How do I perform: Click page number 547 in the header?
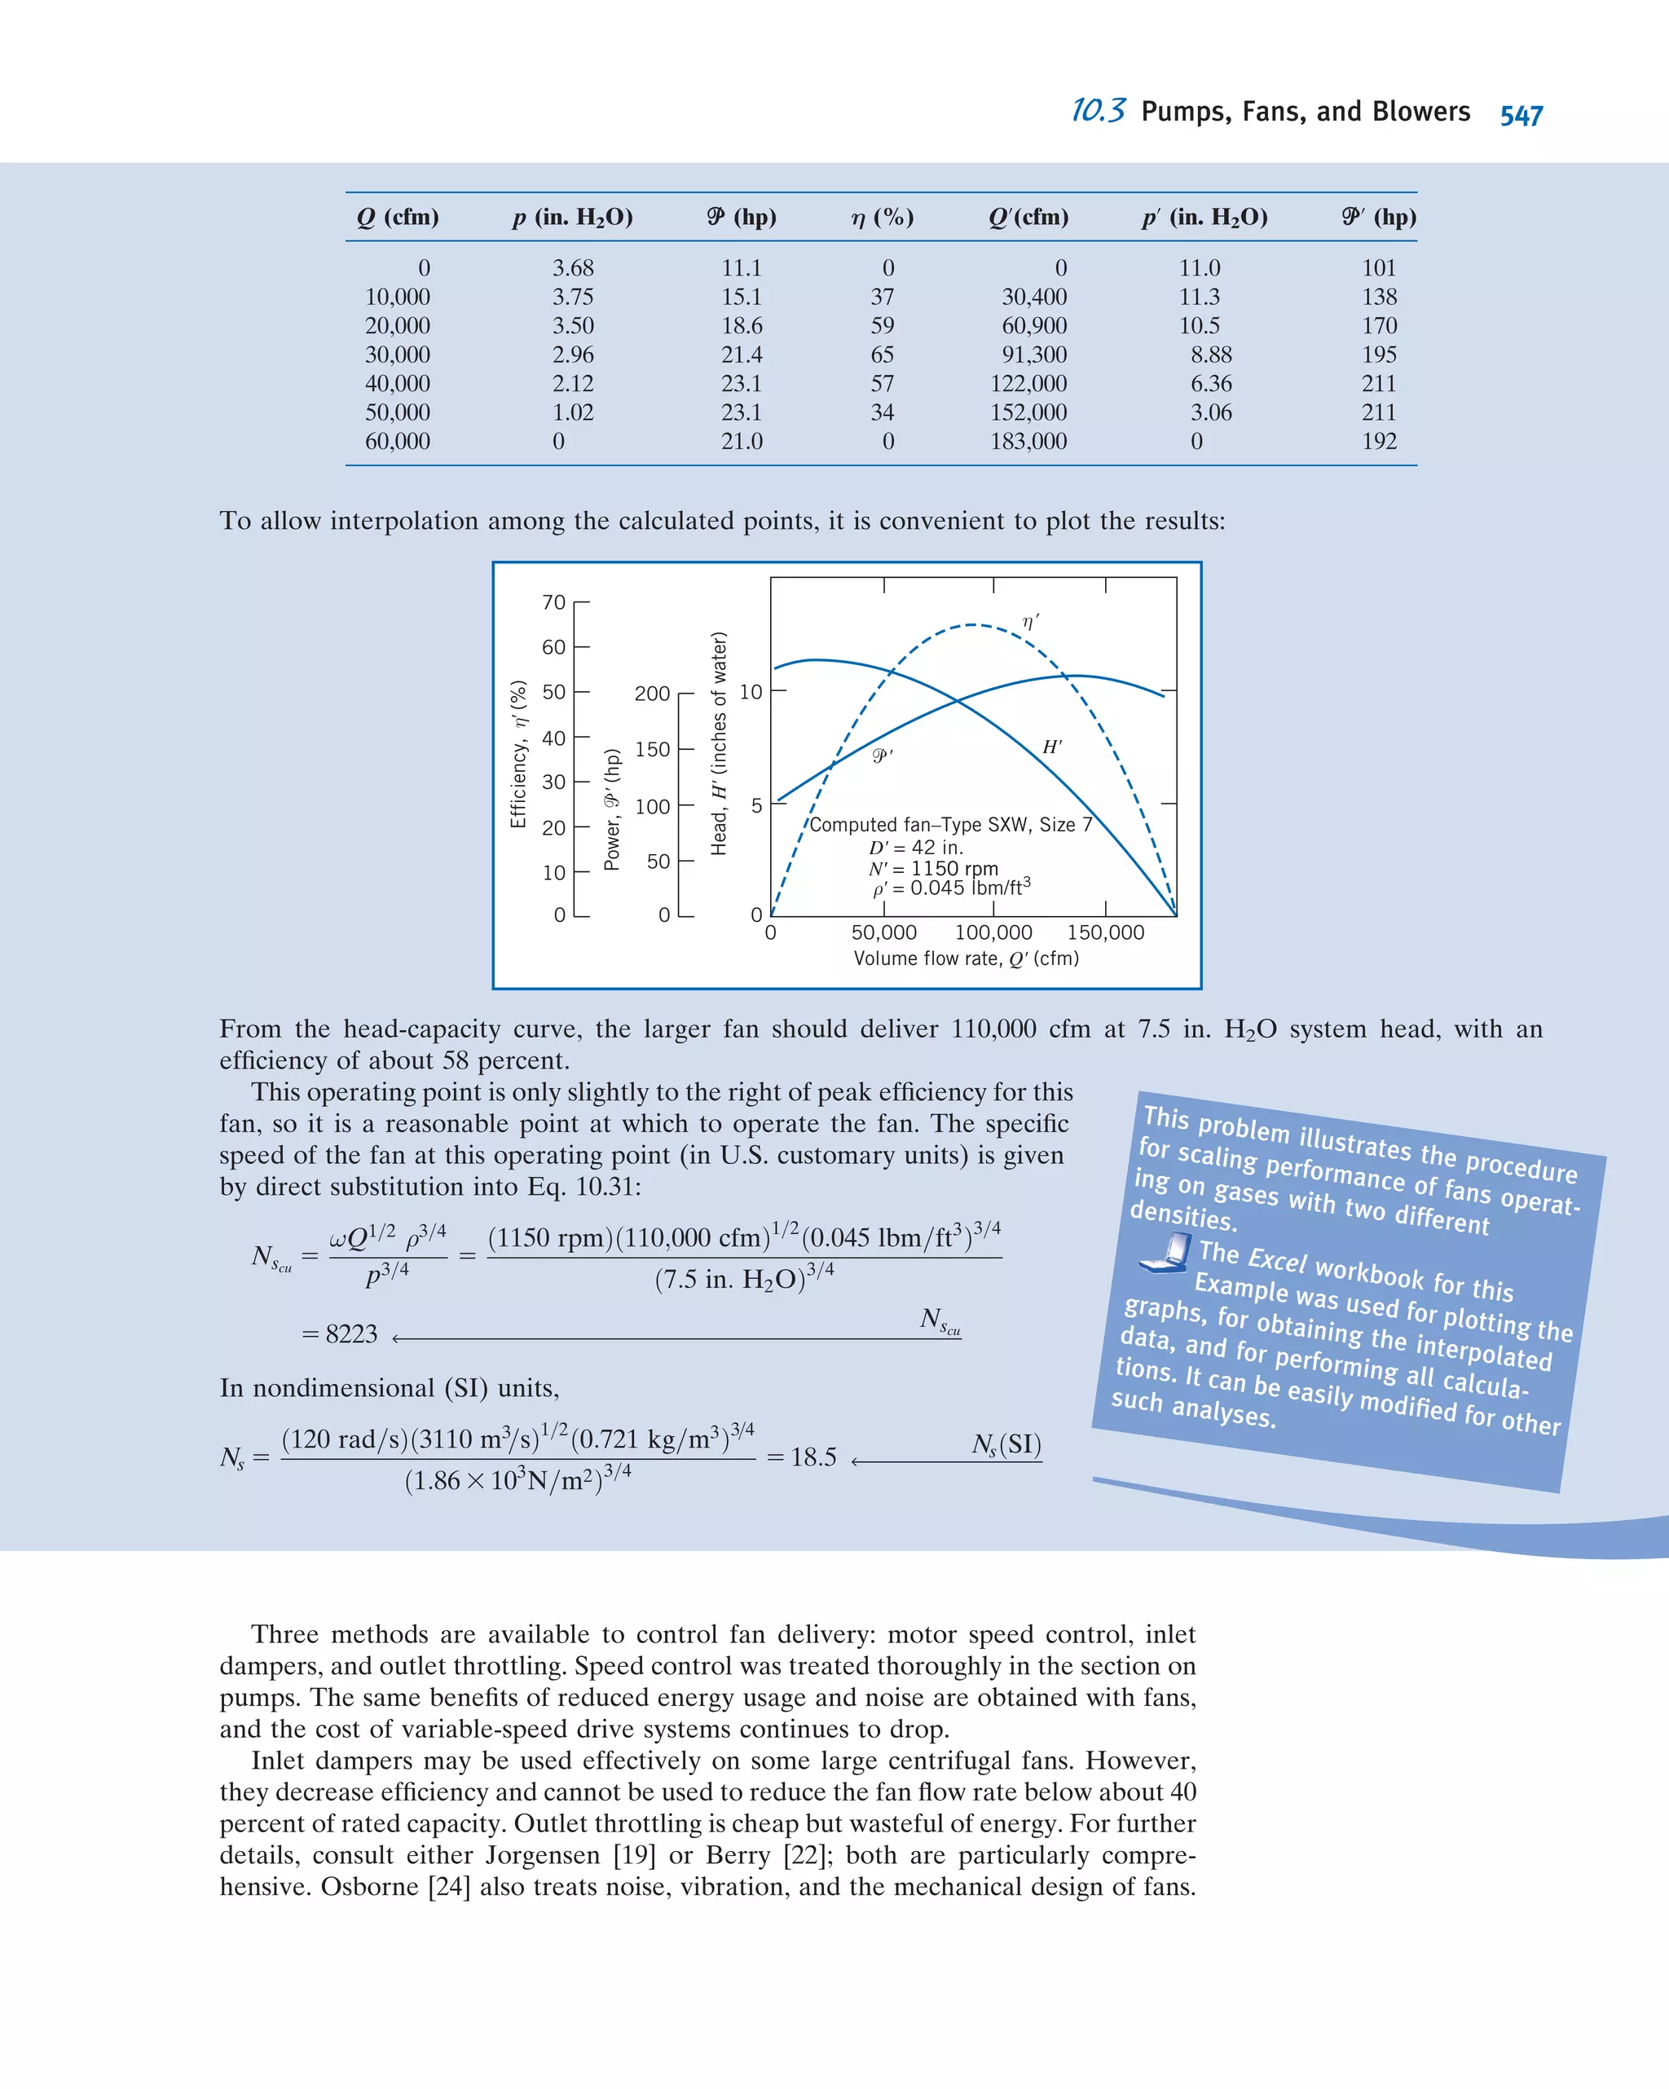1521,115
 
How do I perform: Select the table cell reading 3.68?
572,267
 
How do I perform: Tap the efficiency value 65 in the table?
882,355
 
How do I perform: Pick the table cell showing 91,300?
1033,355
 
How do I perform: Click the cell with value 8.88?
1211,355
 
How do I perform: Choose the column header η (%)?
882,217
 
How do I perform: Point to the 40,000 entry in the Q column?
397,384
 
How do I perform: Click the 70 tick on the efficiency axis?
553,602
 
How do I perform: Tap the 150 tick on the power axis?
652,749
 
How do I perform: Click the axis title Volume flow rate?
965,959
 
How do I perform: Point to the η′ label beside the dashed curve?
1031,621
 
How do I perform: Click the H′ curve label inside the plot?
1052,747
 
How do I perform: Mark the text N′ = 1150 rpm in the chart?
933,868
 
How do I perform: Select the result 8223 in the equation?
350,1334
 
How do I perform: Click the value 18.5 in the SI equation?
812,1457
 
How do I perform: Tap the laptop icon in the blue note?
1165,1252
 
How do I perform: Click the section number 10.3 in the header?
1099,111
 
